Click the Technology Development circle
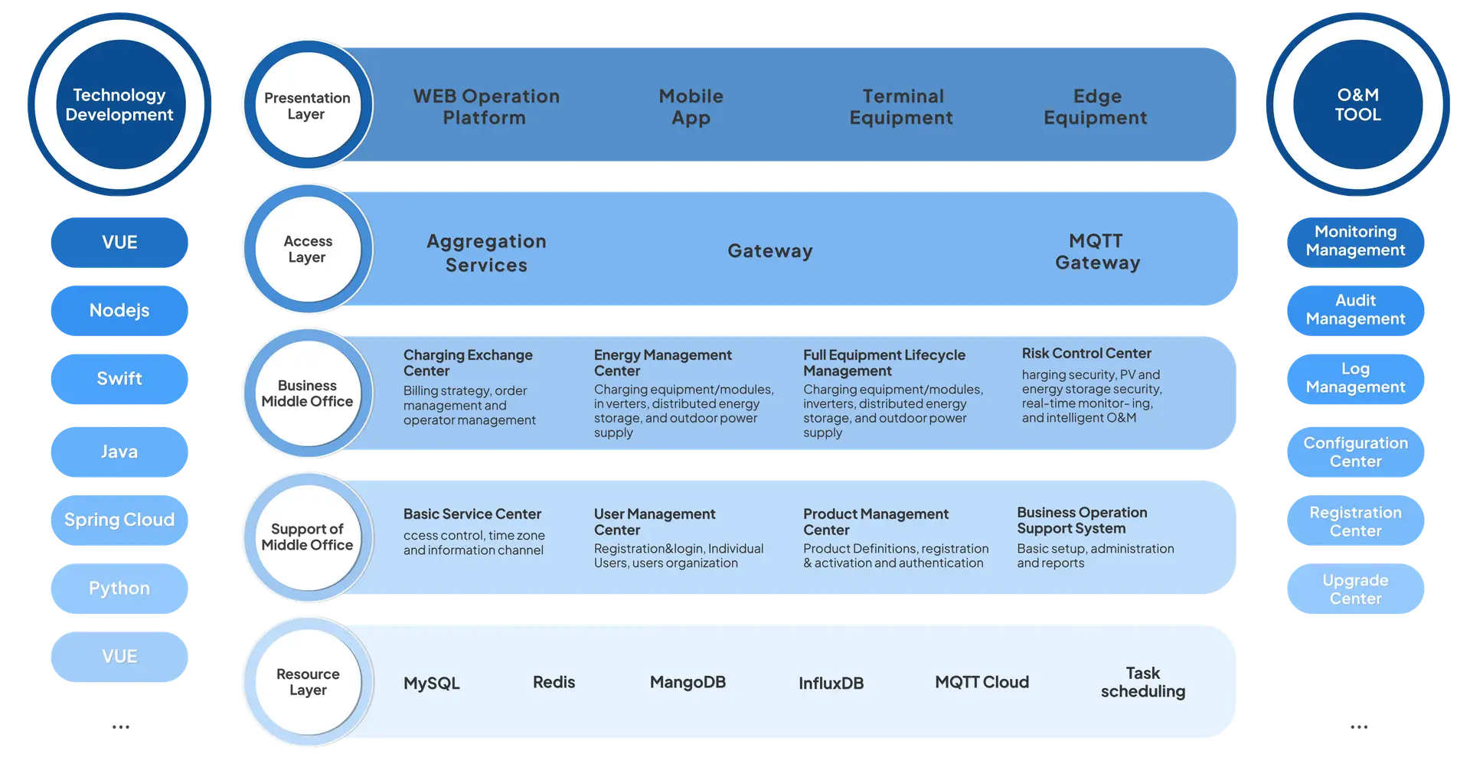[x=119, y=104]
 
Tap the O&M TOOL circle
[x=1357, y=104]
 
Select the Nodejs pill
[x=119, y=311]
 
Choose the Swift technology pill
[x=119, y=379]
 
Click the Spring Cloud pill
[x=119, y=521]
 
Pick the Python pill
[x=119, y=589]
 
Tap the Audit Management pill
[x=1355, y=311]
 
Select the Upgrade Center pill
[x=1355, y=589]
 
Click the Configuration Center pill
[x=1355, y=452]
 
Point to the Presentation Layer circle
[x=308, y=105]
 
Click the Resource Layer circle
[x=308, y=682]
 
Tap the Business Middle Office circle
[x=308, y=393]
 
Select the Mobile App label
[x=691, y=106]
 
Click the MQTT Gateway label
[x=1097, y=252]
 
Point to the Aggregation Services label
[x=486, y=253]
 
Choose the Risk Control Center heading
[x=1086, y=354]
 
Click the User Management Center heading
[x=655, y=522]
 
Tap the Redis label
[x=554, y=682]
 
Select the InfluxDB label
[x=831, y=683]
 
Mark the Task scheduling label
[x=1143, y=682]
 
